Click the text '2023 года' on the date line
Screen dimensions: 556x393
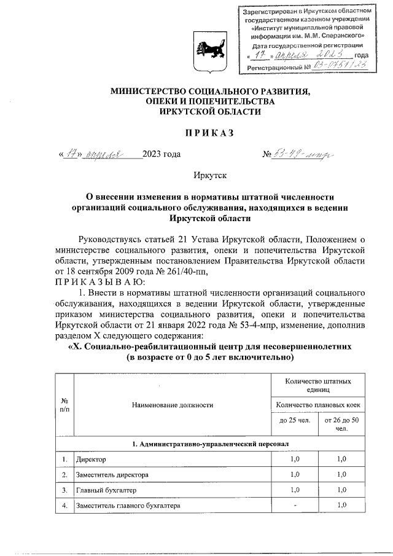coord(161,154)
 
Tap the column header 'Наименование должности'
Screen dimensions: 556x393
coord(173,405)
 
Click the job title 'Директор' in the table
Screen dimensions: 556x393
coord(91,459)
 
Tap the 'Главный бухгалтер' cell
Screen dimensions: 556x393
coord(103,490)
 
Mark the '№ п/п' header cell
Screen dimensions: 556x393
coord(64,404)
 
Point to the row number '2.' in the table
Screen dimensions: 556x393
coord(64,475)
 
